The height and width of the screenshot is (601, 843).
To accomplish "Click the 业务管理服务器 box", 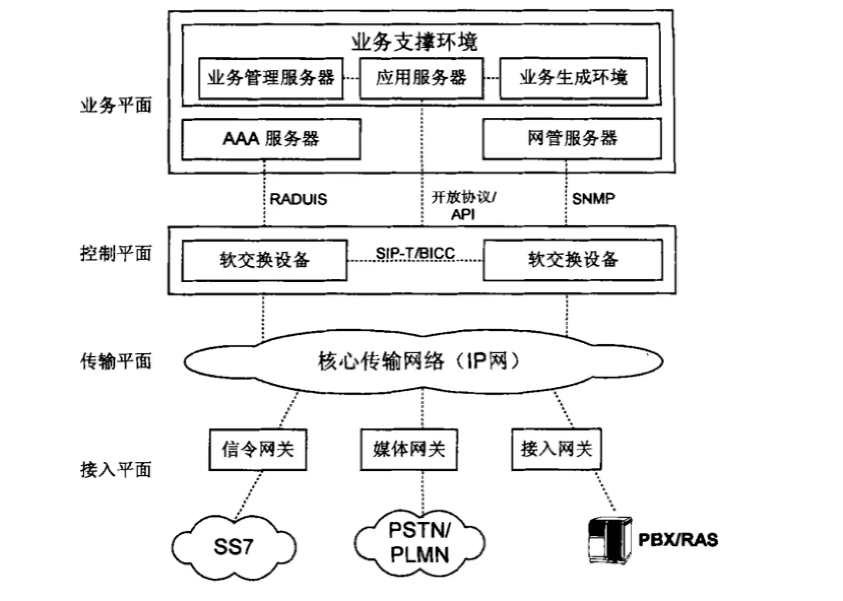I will [x=271, y=78].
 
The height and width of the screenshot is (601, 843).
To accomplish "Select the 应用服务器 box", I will [x=421, y=78].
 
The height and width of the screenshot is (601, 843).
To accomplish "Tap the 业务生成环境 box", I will [x=573, y=78].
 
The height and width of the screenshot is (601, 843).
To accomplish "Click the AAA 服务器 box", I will [x=271, y=139].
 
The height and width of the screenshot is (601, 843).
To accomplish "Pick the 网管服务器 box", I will [x=572, y=139].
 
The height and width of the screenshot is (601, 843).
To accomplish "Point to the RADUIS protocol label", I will [x=298, y=199].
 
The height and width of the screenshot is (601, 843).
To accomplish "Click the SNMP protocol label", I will [x=593, y=198].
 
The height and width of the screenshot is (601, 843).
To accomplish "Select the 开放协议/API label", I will [x=463, y=205].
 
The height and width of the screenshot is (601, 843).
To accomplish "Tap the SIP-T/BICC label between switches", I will [x=415, y=253].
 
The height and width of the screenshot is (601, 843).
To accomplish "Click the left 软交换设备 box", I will [x=264, y=260].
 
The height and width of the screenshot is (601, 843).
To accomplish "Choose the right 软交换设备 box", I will [x=573, y=260].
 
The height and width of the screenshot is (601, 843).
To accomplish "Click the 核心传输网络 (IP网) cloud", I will [x=423, y=361].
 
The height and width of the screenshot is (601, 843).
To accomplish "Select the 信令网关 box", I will [x=257, y=449].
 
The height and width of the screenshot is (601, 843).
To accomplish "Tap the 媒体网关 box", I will [x=408, y=449].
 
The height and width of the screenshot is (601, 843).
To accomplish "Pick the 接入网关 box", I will [x=556, y=449].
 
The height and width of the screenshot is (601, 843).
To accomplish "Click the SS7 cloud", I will [x=234, y=547].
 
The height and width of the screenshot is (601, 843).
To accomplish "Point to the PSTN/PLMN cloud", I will [x=419, y=543].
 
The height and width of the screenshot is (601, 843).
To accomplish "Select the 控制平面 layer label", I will [x=116, y=253].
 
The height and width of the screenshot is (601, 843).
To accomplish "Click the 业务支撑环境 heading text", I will [x=414, y=42].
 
